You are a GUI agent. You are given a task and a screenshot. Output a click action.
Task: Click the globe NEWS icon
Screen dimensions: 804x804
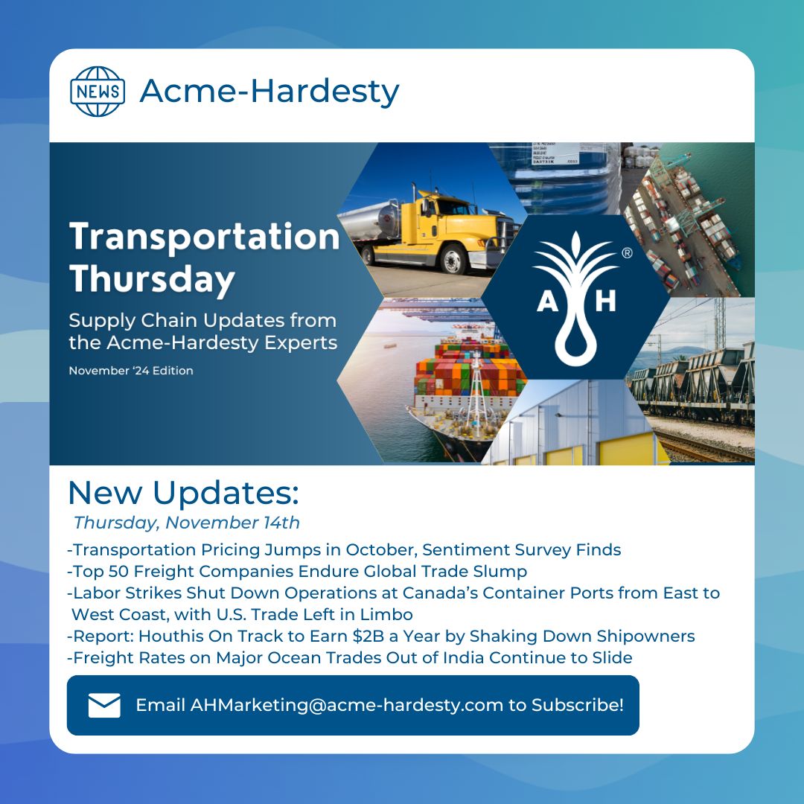(x=97, y=92)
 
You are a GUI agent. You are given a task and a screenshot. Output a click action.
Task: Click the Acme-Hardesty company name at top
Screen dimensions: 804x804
(x=269, y=92)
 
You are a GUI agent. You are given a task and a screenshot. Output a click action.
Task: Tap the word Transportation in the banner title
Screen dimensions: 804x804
(x=204, y=237)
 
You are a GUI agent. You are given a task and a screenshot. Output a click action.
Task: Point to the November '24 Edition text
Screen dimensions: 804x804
(x=131, y=371)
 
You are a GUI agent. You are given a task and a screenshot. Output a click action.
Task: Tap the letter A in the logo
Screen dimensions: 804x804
(x=546, y=302)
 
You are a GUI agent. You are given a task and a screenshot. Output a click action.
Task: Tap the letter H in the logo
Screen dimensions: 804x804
(x=606, y=302)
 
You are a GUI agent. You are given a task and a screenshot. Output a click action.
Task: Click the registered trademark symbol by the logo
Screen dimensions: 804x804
(x=626, y=254)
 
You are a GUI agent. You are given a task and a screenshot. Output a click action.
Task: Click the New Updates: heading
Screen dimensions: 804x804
(x=183, y=493)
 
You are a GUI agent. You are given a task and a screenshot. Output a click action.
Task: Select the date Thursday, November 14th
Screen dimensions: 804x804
(x=186, y=523)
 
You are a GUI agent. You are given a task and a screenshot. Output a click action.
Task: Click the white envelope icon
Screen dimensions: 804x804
(x=104, y=705)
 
